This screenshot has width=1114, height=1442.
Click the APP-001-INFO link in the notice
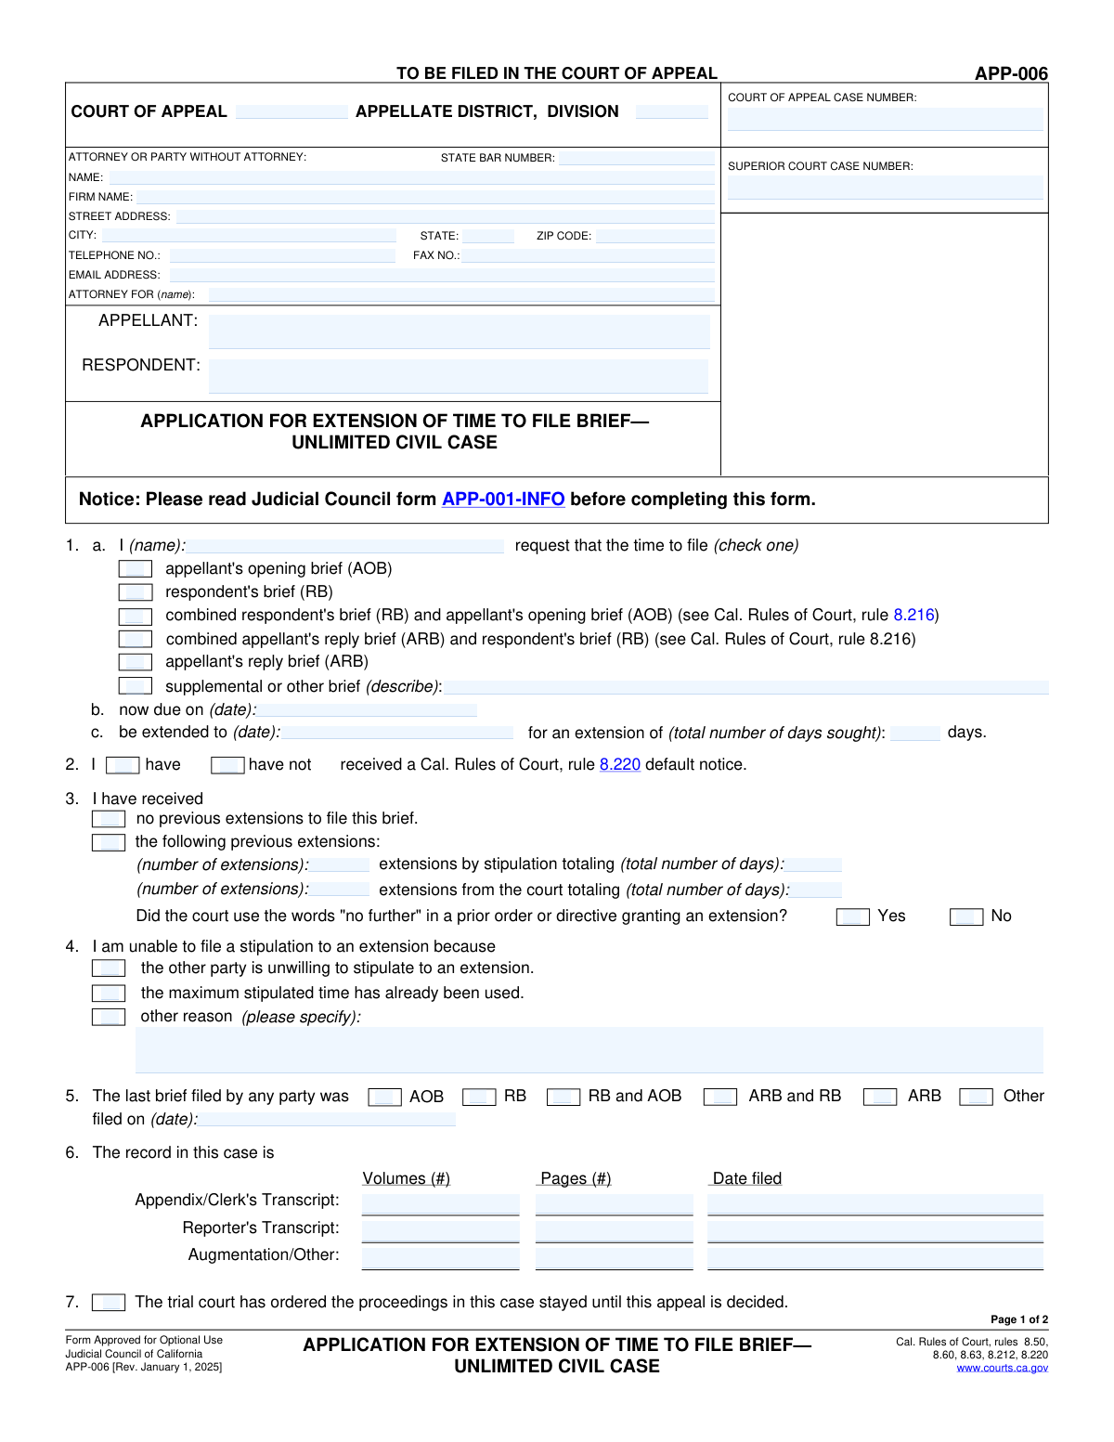pyautogui.click(x=503, y=500)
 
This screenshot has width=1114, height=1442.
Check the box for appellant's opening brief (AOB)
pyautogui.click(x=136, y=568)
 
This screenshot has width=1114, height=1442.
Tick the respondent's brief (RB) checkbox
pyautogui.click(x=136, y=592)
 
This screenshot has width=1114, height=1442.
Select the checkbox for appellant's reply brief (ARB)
pyautogui.click(x=136, y=662)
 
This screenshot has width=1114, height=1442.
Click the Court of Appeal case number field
pyautogui.click(x=885, y=119)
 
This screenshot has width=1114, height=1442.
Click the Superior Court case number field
pyautogui.click(x=885, y=188)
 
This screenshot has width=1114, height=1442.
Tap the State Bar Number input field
pyautogui.click(x=636, y=158)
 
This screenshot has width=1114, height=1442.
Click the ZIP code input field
pyautogui.click(x=654, y=236)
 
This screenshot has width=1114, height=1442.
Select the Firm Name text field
pyautogui.click(x=425, y=197)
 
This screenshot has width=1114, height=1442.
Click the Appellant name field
pyautogui.click(x=459, y=331)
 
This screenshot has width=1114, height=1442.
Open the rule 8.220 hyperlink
pyautogui.click(x=619, y=765)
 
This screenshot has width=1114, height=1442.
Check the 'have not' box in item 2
pyautogui.click(x=227, y=765)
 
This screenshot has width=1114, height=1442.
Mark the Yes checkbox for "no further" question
pyautogui.click(x=852, y=917)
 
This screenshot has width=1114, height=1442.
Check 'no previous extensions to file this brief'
pyautogui.click(x=109, y=819)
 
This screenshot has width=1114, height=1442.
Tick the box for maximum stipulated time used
pyautogui.click(x=109, y=994)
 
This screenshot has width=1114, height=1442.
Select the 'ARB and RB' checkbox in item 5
pyautogui.click(x=719, y=1098)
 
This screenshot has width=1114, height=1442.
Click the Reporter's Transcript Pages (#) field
pyautogui.click(x=614, y=1232)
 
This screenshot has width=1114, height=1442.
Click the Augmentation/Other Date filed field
pyautogui.click(x=874, y=1259)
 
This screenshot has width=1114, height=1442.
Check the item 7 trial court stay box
pyautogui.click(x=109, y=1303)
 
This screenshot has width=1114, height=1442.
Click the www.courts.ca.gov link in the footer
pyautogui.click(x=1002, y=1368)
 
